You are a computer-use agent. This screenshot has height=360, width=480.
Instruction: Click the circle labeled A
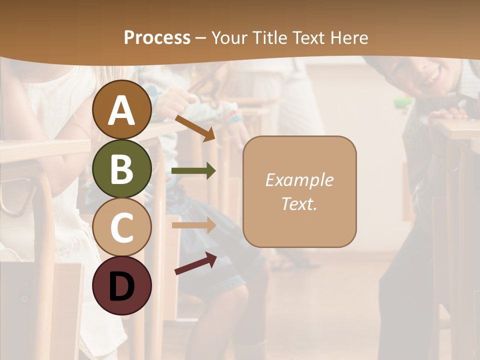[122, 110]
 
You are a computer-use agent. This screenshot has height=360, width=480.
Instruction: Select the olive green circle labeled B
[122, 168]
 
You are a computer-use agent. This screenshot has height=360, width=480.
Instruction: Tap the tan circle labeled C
[122, 227]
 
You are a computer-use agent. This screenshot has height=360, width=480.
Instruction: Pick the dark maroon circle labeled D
[122, 285]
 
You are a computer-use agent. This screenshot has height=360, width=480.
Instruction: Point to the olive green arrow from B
[193, 171]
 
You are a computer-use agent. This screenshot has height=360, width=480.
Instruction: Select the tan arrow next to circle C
[193, 225]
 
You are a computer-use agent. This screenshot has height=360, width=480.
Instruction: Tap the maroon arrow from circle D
[195, 263]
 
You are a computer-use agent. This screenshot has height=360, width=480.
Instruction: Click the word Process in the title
[157, 38]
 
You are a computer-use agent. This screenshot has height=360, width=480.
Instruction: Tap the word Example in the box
[299, 180]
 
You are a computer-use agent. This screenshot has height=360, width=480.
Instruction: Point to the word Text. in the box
[299, 204]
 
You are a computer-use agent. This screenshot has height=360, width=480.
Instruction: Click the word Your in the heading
[230, 38]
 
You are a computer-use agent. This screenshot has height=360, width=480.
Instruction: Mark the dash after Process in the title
[200, 38]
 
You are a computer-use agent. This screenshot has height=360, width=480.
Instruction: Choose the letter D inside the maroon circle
[122, 286]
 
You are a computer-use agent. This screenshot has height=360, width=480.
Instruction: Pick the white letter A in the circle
[122, 110]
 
